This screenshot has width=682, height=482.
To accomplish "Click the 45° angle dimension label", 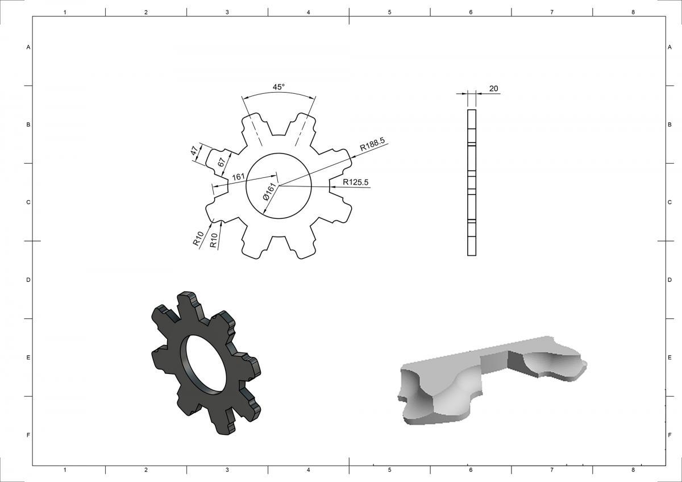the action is click(278, 87).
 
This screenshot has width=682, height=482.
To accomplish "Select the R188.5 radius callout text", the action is click(372, 144).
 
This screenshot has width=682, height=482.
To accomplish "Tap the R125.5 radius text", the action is click(355, 182).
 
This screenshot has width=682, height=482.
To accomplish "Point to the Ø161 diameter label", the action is click(271, 192).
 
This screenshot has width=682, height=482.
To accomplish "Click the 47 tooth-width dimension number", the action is click(196, 150).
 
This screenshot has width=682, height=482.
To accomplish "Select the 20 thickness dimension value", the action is click(493, 88).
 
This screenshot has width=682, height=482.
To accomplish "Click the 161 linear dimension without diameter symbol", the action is click(238, 177).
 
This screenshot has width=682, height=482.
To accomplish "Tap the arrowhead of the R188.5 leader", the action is click(352, 157).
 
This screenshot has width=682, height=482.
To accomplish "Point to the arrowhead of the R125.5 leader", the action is click(332, 186).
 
